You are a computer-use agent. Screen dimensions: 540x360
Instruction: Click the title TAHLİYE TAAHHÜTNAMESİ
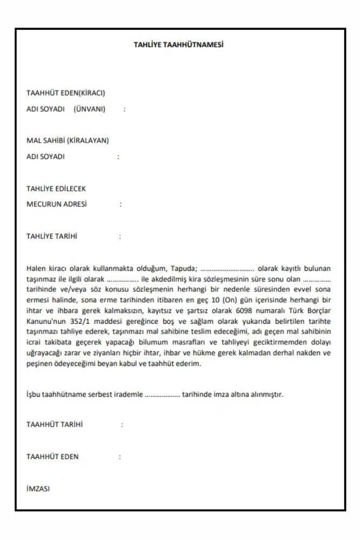click(x=178, y=45)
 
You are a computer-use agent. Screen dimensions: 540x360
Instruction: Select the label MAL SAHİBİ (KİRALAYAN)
click(x=68, y=141)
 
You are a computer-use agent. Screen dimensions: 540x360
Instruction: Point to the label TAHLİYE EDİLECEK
click(x=56, y=189)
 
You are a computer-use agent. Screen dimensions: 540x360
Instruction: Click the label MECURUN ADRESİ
click(x=57, y=204)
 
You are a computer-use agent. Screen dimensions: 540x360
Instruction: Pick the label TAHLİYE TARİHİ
click(x=52, y=236)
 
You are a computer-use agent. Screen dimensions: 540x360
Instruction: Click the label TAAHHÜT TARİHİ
click(x=55, y=424)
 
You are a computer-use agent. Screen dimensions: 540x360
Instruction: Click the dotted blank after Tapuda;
click(x=227, y=269)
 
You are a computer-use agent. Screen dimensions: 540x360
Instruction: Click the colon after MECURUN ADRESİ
click(x=121, y=205)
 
